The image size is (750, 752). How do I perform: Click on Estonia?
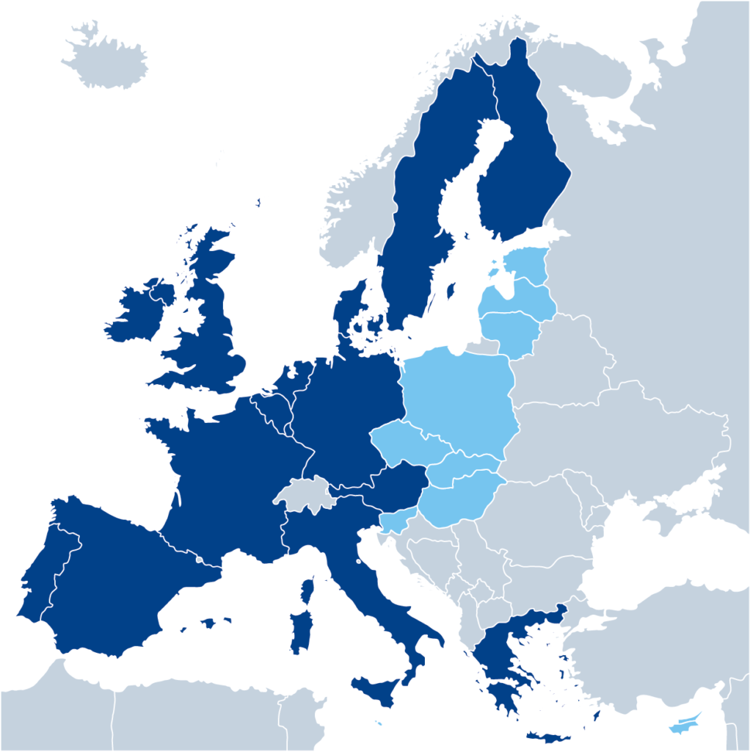coord(527,264)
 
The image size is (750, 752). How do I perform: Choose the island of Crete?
coord(550,737)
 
